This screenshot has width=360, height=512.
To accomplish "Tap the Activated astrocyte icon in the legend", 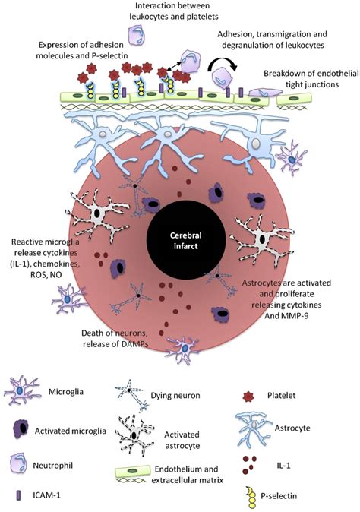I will pos(144,433).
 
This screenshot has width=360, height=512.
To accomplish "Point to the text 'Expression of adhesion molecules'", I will pos(84,46).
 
